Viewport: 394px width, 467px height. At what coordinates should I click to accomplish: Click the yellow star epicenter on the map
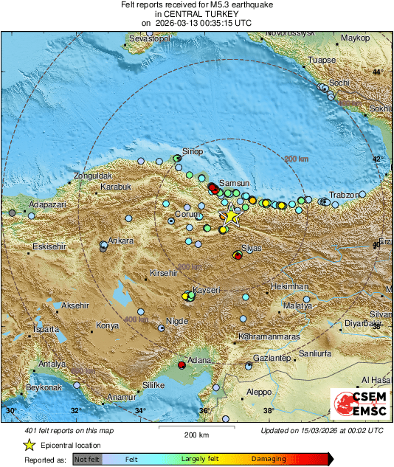pos(231,215)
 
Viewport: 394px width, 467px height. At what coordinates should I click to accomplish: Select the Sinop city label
pos(192,152)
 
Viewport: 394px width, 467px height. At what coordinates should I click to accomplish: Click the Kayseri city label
pos(207,290)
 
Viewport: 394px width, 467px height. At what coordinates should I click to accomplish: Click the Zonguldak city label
pos(92,176)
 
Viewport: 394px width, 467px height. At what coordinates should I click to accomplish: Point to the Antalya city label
pos(52,364)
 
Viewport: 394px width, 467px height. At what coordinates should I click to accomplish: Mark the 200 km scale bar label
pos(197,435)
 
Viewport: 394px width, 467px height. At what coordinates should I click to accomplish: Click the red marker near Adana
pos(182,364)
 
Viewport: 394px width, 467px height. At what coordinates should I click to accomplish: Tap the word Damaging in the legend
pos(269,458)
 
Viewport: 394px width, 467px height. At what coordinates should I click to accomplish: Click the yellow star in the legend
pos(29,445)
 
